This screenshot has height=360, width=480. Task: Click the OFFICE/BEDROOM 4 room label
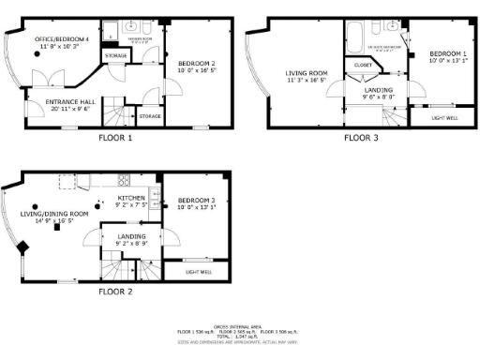point(63,39)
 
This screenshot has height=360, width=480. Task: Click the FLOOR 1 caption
point(116,138)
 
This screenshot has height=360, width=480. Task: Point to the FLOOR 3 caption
point(361,138)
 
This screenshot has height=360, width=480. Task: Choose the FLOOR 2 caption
point(116,292)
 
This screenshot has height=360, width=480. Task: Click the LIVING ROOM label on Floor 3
point(307,73)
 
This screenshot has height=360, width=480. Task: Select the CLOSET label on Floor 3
point(362,65)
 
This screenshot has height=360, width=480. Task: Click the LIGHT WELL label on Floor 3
point(445,118)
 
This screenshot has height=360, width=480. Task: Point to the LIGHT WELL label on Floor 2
point(198,272)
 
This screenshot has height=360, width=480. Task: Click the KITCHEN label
point(131,198)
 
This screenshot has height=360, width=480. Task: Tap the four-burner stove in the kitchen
point(123,180)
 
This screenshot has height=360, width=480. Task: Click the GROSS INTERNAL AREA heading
point(240,324)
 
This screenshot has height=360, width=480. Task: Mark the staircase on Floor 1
point(115,113)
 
